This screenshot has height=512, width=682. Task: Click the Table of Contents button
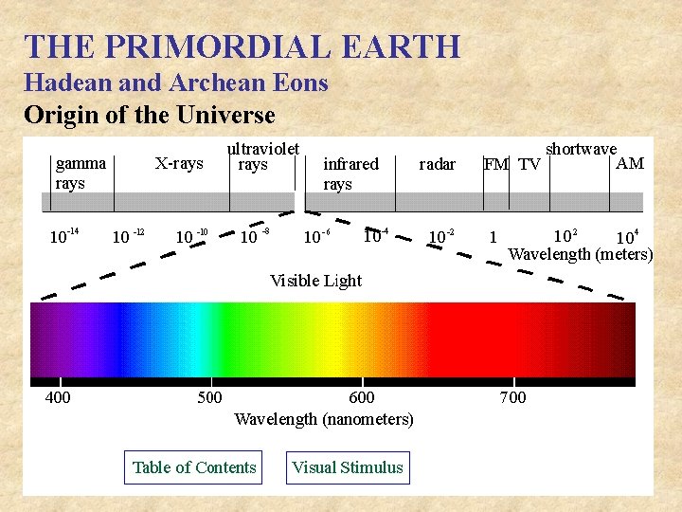click(x=194, y=467)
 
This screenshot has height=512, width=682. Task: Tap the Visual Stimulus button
click(x=348, y=467)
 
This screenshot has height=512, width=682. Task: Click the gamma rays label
click(x=81, y=173)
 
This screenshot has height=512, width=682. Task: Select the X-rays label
click(x=179, y=164)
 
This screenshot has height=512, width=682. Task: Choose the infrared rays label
click(x=350, y=174)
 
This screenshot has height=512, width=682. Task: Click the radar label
click(x=437, y=164)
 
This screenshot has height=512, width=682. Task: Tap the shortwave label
click(x=581, y=149)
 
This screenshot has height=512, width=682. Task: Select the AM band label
click(x=630, y=163)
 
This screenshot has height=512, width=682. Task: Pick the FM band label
click(x=496, y=165)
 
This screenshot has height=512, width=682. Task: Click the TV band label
click(x=529, y=165)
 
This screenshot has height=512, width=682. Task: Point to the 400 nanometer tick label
click(x=58, y=397)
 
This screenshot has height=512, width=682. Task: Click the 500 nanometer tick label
click(x=209, y=397)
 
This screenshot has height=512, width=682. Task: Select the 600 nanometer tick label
click(x=362, y=397)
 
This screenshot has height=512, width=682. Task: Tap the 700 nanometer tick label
click(x=512, y=397)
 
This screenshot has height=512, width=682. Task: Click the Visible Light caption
click(x=315, y=281)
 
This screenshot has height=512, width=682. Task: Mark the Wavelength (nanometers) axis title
click(x=324, y=419)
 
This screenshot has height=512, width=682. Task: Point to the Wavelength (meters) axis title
click(x=581, y=254)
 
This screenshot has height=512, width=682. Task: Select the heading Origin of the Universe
click(x=149, y=116)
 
